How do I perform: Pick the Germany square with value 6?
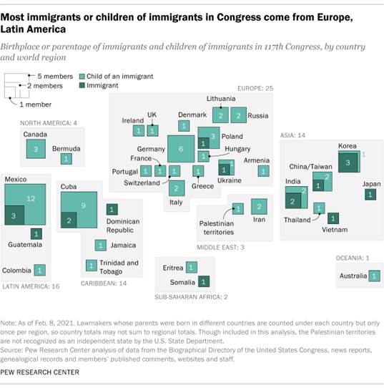pos(181,149)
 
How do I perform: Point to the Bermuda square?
pos(66,159)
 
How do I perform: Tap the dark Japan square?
pos(370,194)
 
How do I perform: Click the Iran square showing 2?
pos(260,207)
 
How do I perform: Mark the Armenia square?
pos(263,171)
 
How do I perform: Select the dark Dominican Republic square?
pos(112,210)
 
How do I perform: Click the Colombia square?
pos(40,271)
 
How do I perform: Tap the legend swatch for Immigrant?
pos(84,84)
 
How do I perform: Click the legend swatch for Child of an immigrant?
pos(84,74)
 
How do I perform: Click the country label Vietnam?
pos(334,230)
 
